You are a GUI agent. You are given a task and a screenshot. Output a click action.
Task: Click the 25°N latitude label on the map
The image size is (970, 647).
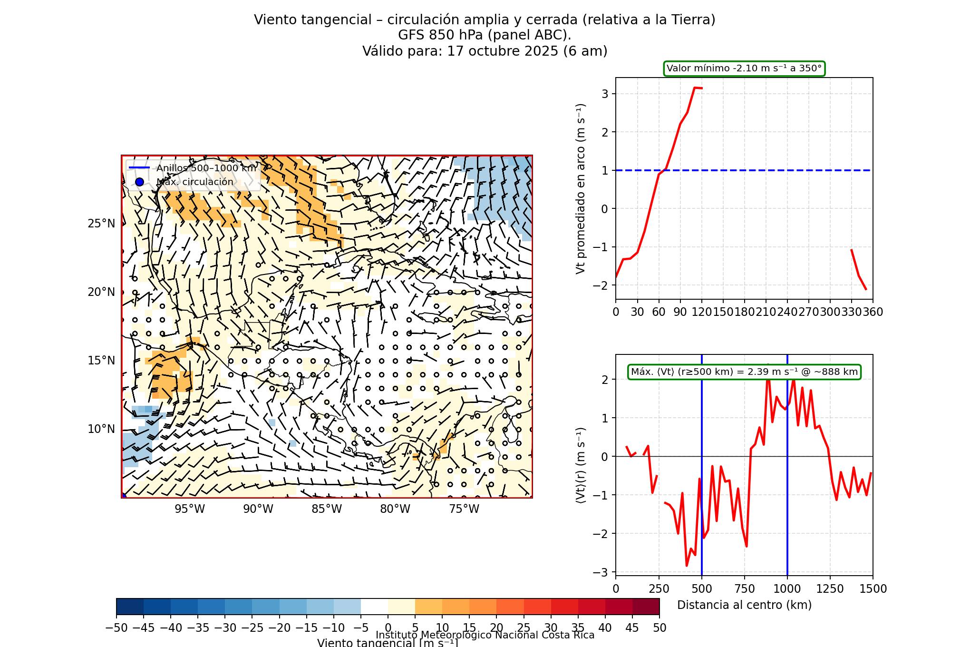(101, 224)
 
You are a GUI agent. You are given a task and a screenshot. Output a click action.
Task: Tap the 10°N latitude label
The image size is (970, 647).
(101, 429)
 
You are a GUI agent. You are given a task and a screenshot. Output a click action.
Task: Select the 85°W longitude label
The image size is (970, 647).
(327, 509)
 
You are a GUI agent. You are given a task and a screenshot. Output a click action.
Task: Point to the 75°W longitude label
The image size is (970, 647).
(464, 509)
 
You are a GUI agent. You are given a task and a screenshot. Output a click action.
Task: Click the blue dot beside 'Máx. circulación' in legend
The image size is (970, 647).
(139, 182)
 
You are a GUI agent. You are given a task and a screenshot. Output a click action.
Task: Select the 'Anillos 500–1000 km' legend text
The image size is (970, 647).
(206, 168)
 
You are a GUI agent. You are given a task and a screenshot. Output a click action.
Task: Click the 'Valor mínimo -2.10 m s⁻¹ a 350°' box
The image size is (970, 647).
(744, 69)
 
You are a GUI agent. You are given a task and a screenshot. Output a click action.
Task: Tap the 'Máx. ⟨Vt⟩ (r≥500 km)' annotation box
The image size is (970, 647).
(744, 372)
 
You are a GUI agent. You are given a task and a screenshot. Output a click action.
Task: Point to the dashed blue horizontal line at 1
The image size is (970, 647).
(761, 170)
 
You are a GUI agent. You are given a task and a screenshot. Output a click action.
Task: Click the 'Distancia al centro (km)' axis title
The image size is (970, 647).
(744, 605)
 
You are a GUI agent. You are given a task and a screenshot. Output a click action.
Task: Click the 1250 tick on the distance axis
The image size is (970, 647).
(830, 589)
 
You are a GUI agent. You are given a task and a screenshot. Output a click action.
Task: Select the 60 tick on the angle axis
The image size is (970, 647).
(659, 312)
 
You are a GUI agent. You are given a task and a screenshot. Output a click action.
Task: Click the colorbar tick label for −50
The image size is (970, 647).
(116, 628)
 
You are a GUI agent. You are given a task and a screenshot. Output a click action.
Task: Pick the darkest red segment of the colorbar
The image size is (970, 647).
(646, 607)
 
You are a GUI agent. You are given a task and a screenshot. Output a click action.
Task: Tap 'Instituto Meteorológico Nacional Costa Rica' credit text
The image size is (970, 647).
(485, 635)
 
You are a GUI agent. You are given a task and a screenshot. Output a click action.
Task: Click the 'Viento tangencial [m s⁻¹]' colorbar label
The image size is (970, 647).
(388, 643)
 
